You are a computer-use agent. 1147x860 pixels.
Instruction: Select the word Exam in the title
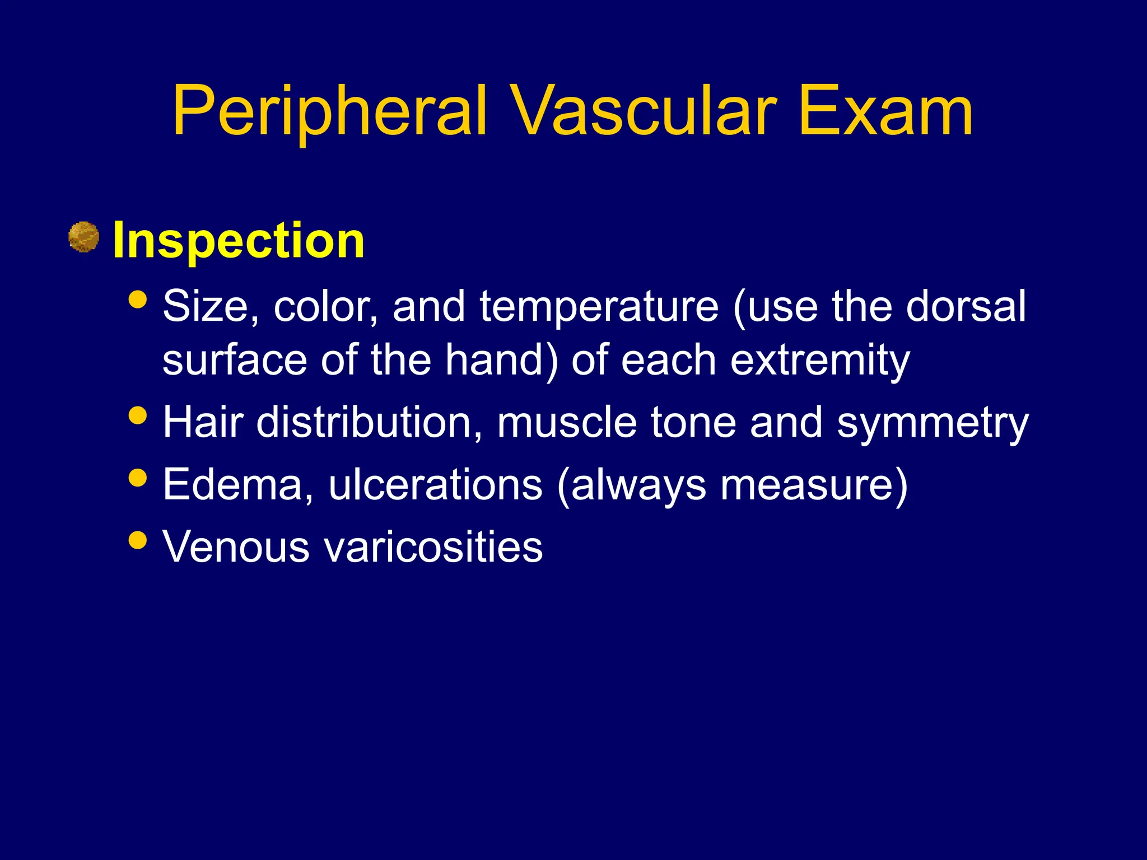pos(885,112)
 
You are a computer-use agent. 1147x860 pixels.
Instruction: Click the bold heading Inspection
pos(239,241)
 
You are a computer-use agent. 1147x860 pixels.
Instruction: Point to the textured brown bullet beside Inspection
pos(83,237)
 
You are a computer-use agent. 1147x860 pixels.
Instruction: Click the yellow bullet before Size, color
pos(137,299)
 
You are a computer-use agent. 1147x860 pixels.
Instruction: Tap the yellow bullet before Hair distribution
pos(137,415)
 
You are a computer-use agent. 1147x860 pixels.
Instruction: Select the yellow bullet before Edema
pos(137,478)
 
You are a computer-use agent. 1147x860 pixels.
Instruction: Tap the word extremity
pos(820,361)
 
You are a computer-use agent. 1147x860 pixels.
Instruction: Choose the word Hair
pos(203,422)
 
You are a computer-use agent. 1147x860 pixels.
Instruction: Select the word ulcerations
pos(435,484)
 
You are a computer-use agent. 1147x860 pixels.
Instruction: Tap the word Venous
pos(235,546)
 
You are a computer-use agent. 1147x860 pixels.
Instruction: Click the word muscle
pos(567,422)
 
